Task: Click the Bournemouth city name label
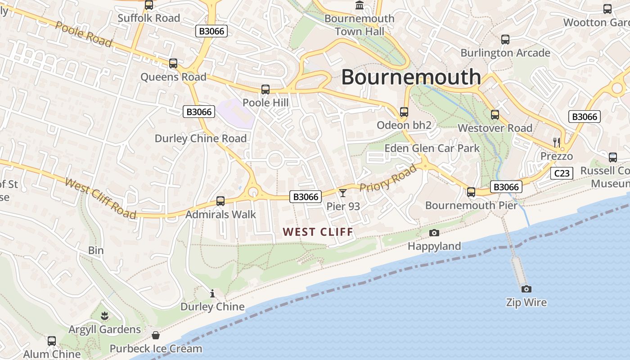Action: pos(411,77)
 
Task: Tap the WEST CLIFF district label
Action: pos(318,232)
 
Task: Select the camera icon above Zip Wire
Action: pos(526,289)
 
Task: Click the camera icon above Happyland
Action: pos(434,233)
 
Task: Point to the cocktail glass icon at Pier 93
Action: pos(343,193)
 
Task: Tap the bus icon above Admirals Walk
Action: pos(220,201)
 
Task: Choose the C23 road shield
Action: pos(562,173)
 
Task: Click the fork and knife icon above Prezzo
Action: pos(557,143)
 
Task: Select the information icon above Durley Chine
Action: pos(212,294)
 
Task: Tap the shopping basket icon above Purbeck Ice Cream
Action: pos(156,335)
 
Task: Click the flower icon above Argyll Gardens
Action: pos(105,316)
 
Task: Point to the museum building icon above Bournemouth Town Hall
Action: pos(360,5)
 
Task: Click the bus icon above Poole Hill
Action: pos(265,90)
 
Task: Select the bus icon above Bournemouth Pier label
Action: pos(471,192)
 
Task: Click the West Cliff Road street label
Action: pos(100,198)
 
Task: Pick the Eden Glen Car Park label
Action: pos(432,148)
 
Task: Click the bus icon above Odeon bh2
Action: pos(404,112)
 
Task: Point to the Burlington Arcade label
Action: pos(505,53)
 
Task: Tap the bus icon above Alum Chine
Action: pos(52,341)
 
